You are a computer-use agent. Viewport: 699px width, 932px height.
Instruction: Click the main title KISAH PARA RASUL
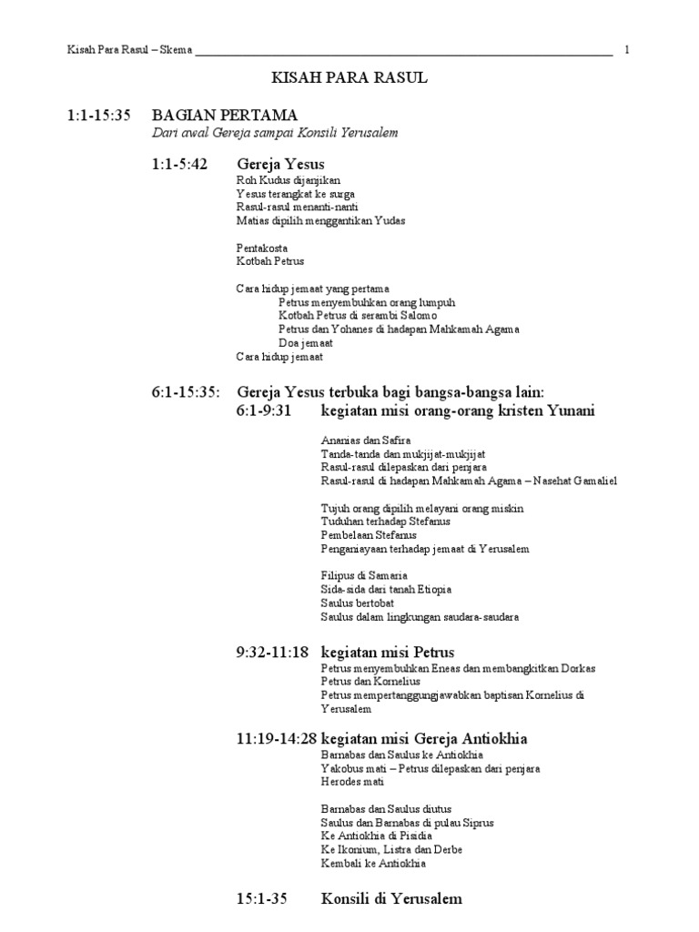[349, 79]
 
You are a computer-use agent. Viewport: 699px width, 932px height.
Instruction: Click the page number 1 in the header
[627, 50]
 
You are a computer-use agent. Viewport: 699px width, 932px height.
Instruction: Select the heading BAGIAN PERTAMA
[225, 116]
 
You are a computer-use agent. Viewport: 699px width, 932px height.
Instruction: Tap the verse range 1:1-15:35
[99, 116]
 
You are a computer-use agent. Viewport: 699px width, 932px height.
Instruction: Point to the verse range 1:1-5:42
[179, 165]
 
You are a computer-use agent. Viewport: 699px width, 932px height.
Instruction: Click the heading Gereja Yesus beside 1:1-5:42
[279, 165]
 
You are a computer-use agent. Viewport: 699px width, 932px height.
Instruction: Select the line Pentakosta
[263, 247]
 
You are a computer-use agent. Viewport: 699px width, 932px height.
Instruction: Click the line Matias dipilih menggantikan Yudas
[320, 220]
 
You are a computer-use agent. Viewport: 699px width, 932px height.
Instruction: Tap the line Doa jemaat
[306, 342]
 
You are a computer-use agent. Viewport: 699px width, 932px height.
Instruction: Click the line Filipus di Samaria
[364, 576]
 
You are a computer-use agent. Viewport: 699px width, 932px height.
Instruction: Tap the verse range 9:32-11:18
[272, 653]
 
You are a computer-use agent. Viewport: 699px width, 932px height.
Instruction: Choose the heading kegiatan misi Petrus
[388, 653]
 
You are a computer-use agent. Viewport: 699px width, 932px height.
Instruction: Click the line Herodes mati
[352, 782]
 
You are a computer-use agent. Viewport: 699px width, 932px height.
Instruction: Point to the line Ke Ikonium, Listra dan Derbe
[391, 849]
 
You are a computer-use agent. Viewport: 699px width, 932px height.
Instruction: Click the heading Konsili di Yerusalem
[391, 898]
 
